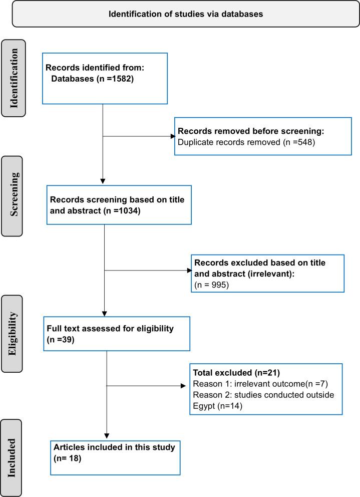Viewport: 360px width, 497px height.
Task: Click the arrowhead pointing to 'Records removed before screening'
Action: coord(172,136)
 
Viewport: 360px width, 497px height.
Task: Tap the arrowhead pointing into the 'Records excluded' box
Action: coord(189,271)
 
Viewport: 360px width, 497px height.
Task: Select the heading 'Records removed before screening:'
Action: coord(251,131)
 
